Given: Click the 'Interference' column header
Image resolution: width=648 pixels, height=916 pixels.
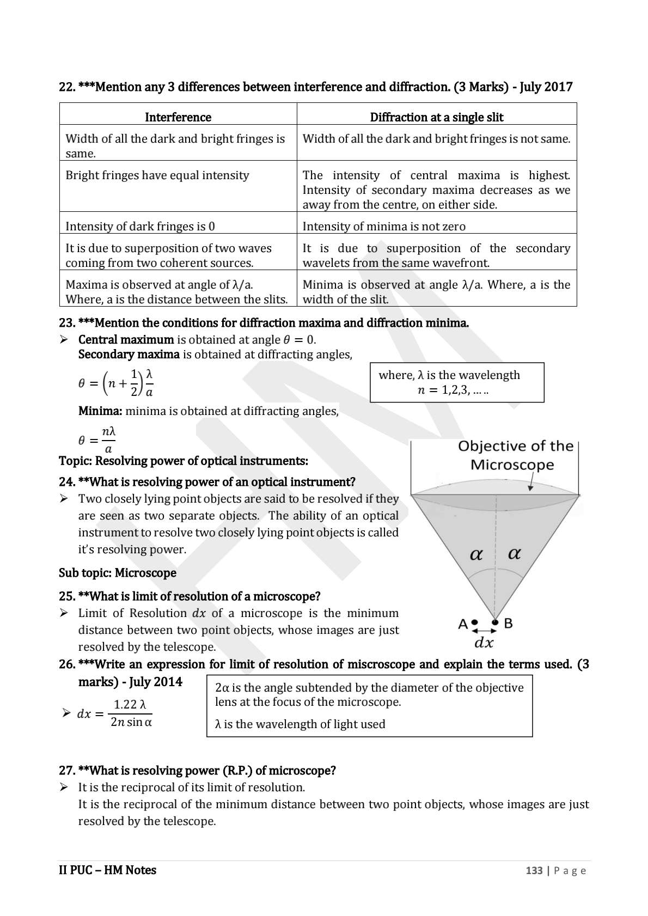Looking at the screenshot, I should [x=178, y=117].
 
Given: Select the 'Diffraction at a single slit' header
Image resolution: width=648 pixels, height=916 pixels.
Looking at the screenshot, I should [x=436, y=117].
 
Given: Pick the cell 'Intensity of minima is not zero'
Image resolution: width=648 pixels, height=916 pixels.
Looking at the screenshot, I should [x=383, y=226].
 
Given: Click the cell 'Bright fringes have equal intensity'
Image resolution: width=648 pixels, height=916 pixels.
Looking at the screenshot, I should [x=157, y=175].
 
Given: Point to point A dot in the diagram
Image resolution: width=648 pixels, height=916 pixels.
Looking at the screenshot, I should [x=475, y=622].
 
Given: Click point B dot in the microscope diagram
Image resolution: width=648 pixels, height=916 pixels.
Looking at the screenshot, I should [x=495, y=622].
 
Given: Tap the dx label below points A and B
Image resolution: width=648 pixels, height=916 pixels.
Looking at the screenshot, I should [x=484, y=643].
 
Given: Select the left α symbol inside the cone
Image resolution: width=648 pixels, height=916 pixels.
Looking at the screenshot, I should [x=476, y=554].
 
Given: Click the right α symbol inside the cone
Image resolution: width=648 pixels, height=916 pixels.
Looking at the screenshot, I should [x=514, y=553].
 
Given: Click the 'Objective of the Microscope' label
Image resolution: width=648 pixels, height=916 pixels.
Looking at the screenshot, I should [x=515, y=455].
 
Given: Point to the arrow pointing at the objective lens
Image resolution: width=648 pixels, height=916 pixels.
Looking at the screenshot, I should [x=532, y=483].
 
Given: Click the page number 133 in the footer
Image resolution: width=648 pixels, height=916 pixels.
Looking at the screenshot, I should [x=534, y=870].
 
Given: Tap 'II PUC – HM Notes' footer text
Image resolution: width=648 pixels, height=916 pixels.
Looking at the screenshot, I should [x=107, y=870].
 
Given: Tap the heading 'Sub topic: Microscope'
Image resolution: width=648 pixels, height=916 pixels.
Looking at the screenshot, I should [x=117, y=573].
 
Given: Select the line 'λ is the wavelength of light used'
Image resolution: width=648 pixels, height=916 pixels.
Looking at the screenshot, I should [x=300, y=724].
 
